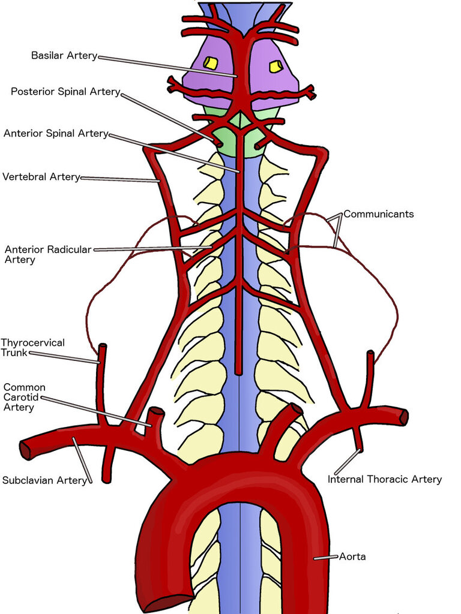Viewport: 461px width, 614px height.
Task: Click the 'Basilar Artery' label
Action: click(64, 56)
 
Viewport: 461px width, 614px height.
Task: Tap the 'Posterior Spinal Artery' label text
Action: click(65, 92)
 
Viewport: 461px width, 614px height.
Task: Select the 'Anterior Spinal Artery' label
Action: click(56, 134)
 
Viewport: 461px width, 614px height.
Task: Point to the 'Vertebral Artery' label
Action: click(41, 177)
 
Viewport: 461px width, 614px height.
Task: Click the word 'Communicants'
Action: click(379, 214)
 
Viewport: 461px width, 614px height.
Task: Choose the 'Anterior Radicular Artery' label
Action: click(48, 254)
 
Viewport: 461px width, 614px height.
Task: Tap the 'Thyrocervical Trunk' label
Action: click(32, 348)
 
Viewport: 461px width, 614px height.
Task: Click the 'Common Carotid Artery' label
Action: click(24, 398)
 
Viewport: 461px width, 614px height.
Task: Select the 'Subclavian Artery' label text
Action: click(44, 480)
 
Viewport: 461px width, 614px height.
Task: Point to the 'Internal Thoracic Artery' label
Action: click(385, 479)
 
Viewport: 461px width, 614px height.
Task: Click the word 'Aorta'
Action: click(352, 556)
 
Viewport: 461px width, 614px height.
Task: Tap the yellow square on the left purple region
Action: click(211, 63)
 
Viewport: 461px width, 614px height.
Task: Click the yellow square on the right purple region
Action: click(275, 67)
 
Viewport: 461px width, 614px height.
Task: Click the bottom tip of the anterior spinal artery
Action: click(238, 372)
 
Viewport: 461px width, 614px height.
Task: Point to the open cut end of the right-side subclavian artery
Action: click(403, 417)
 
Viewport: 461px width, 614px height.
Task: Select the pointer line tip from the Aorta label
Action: click(314, 558)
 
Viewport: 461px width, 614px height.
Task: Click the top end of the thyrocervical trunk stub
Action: click(102, 346)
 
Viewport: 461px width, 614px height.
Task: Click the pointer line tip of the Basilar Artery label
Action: click(237, 76)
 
